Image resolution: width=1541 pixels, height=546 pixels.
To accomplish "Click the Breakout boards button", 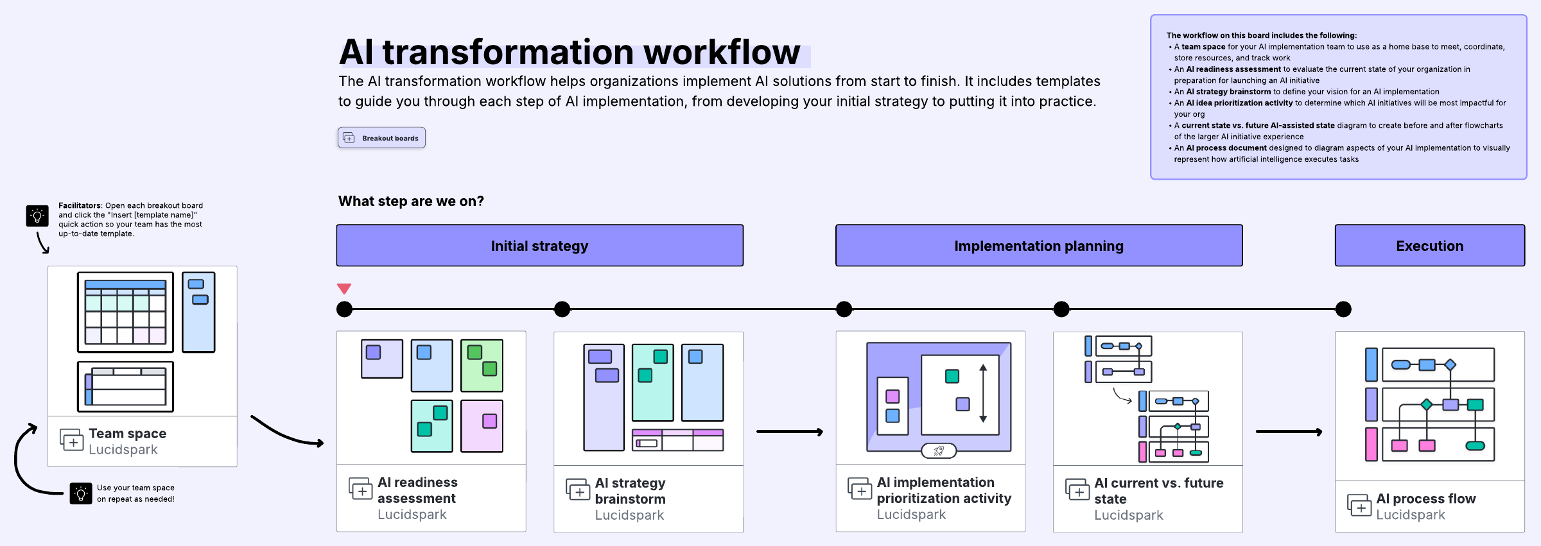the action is click(x=381, y=138).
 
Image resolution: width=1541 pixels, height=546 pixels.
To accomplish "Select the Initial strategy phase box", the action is click(x=539, y=245).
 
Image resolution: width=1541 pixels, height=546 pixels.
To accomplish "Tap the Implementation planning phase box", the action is click(x=1039, y=245).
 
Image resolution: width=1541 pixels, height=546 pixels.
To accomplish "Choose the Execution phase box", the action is click(x=1430, y=245).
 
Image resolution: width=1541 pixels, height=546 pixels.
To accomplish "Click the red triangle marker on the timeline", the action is click(x=344, y=289).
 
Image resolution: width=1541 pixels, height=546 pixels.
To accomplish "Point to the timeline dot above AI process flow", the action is click(x=1343, y=309).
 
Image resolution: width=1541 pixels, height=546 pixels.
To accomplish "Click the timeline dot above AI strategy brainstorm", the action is click(x=562, y=309).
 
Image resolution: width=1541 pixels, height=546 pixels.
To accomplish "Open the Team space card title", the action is click(x=128, y=434).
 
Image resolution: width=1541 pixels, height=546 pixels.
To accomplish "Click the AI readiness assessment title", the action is click(x=417, y=490).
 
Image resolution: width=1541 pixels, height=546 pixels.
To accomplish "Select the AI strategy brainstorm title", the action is click(x=630, y=491).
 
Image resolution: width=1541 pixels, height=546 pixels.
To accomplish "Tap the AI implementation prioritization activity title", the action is click(x=944, y=490).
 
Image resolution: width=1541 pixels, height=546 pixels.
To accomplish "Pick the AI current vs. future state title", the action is click(x=1158, y=491).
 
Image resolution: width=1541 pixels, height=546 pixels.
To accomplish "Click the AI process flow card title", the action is click(x=1425, y=499).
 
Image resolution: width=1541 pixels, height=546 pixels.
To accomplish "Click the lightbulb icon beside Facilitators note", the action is click(x=37, y=216).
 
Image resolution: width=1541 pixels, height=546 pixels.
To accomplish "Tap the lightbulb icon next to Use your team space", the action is click(x=81, y=493).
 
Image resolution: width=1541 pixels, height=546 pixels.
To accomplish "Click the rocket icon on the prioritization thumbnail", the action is click(x=939, y=451).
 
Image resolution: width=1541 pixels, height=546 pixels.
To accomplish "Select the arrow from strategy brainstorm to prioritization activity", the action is click(x=790, y=432).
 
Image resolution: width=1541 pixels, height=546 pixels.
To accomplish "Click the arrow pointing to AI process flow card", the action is click(x=1289, y=432).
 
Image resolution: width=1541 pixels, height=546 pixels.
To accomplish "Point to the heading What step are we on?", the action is click(x=411, y=201).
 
